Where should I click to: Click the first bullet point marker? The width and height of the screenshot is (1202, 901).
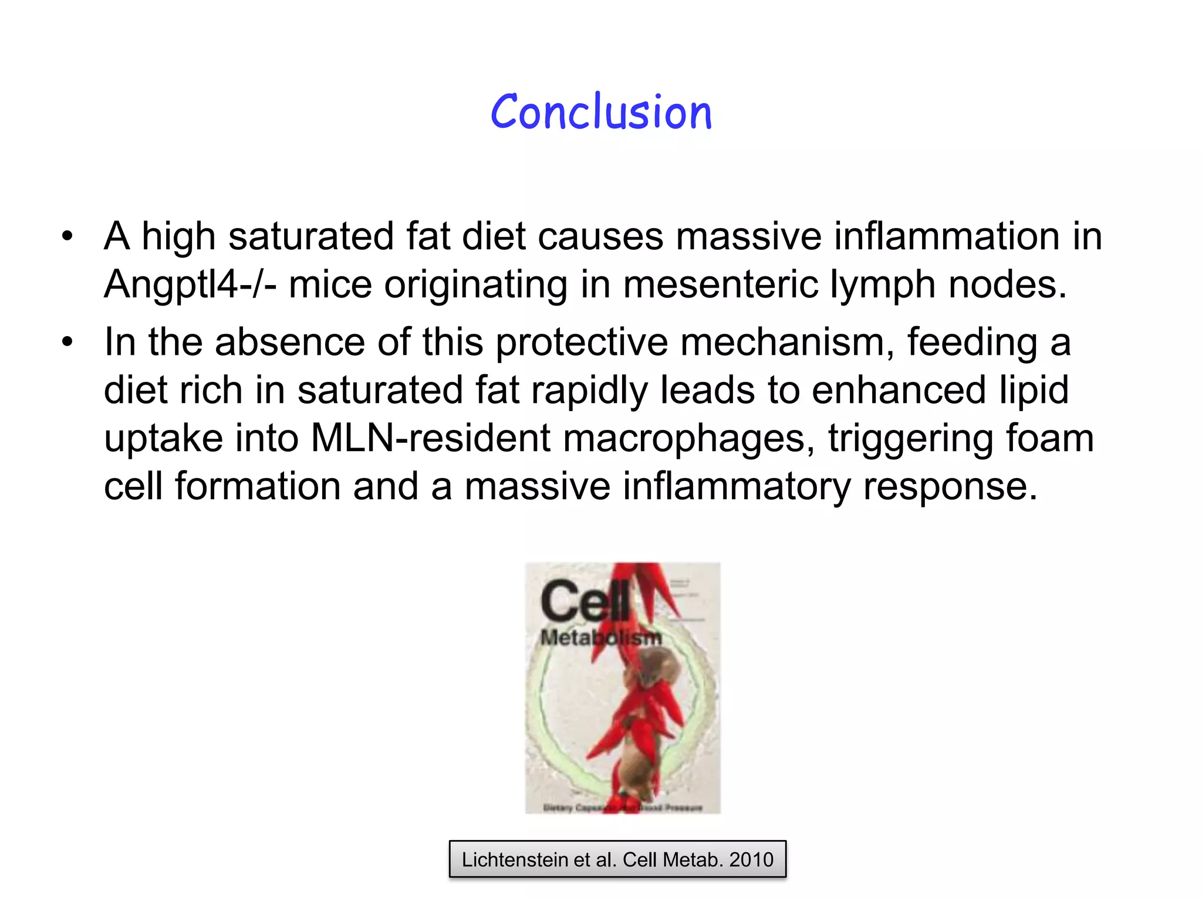click(68, 237)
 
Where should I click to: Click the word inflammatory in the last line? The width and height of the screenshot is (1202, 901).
click(736, 487)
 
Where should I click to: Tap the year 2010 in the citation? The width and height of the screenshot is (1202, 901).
click(751, 860)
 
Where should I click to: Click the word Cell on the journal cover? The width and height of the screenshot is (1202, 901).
click(585, 601)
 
